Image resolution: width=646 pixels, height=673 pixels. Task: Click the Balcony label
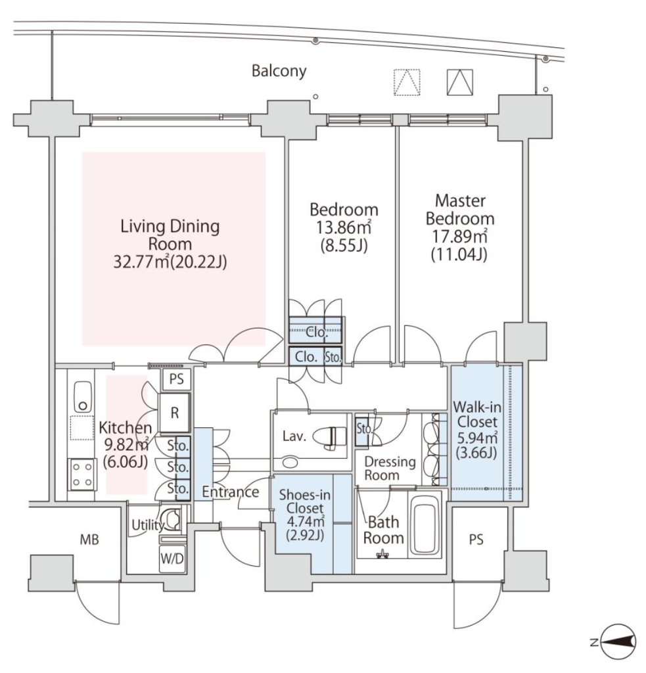tap(279, 71)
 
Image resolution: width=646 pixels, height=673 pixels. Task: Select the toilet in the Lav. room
tap(329, 437)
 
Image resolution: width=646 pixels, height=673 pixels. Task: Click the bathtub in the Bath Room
tap(425, 526)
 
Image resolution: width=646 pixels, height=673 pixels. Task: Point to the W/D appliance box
tap(172, 558)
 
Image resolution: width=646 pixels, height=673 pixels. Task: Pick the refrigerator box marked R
tap(175, 413)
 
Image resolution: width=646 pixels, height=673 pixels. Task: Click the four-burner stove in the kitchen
tap(81, 475)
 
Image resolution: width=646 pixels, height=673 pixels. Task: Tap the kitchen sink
tap(82, 396)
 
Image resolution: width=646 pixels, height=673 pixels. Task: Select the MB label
tap(89, 540)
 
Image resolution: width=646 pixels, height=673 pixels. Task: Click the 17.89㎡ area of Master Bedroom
tap(459, 237)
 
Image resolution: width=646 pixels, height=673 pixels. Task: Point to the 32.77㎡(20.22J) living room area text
tap(170, 262)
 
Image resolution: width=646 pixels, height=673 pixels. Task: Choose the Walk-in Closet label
tap(477, 414)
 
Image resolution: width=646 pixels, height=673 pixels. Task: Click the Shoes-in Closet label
tap(305, 501)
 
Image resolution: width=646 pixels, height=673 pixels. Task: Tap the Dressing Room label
tap(390, 468)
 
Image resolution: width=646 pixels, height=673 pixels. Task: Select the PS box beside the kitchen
tap(176, 379)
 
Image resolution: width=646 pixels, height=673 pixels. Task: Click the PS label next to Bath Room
tap(476, 540)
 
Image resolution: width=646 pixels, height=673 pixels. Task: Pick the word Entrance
tap(231, 492)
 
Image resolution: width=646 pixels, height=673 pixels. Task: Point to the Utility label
tap(148, 525)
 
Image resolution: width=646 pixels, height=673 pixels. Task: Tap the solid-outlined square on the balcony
tap(460, 82)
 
